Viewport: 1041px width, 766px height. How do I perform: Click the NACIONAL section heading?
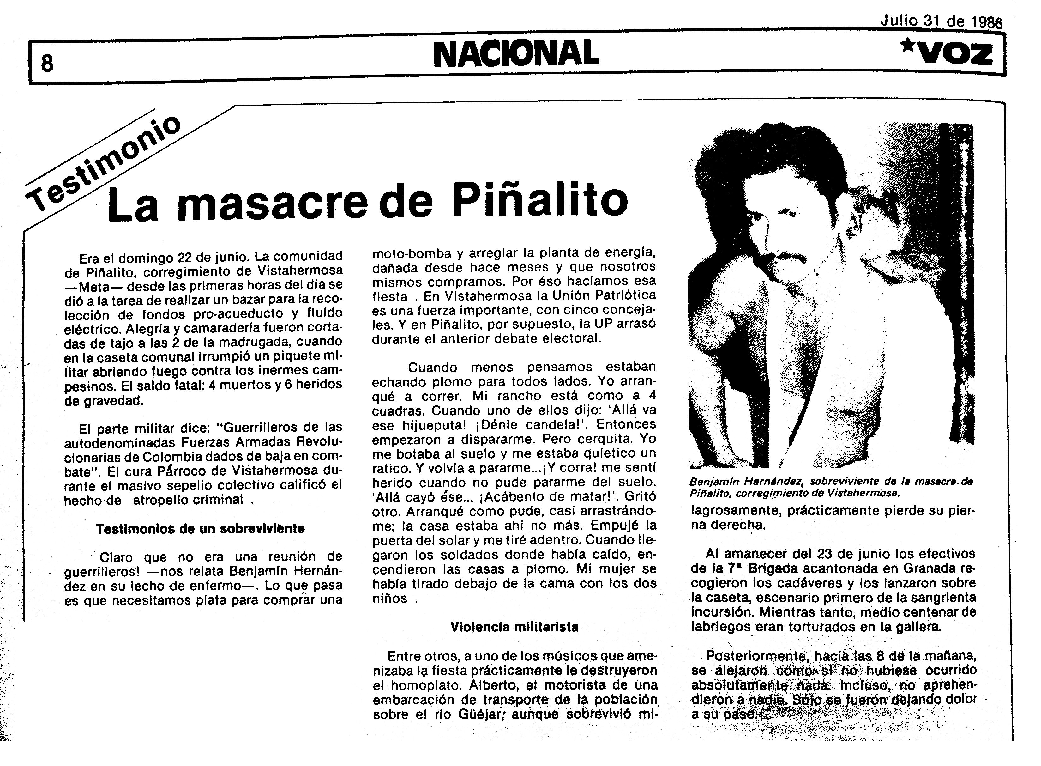pos(516,53)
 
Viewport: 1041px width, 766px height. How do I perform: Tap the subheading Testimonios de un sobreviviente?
pos(200,529)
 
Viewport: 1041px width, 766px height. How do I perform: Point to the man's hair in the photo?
pos(806,153)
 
